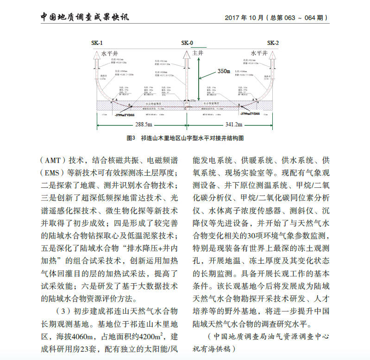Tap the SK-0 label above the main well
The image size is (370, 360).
187,43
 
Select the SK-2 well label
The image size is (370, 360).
273,43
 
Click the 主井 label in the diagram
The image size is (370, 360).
198,53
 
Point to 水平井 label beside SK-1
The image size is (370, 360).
109,53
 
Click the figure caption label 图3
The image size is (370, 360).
130,138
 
